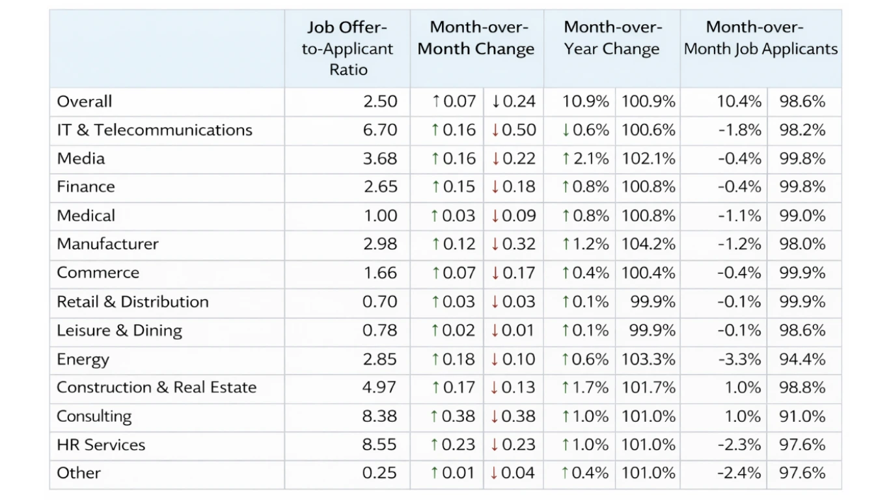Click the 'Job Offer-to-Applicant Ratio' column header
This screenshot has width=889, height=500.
click(x=348, y=49)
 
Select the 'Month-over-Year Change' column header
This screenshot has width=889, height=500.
click(x=612, y=38)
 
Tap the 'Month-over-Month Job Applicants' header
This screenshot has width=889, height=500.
click(x=760, y=38)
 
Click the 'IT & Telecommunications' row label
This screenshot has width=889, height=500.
click(x=154, y=130)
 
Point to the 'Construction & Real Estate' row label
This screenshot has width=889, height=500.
click(x=156, y=387)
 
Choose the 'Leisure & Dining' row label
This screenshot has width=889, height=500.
click(x=119, y=331)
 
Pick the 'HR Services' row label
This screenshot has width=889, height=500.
click(x=101, y=445)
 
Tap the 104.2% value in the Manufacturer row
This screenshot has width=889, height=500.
click(x=648, y=244)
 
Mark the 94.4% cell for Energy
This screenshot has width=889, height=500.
click(x=802, y=359)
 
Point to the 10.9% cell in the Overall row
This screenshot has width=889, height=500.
click(x=586, y=102)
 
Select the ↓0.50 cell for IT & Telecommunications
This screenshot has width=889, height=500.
click(x=513, y=130)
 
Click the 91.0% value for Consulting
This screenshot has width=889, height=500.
click(x=802, y=417)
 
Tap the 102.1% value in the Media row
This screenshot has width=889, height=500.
click(x=648, y=159)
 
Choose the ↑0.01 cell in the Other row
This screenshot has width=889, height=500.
click(x=453, y=473)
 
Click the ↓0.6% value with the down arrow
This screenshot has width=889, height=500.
click(x=586, y=130)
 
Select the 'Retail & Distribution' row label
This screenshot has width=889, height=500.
click(x=133, y=302)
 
